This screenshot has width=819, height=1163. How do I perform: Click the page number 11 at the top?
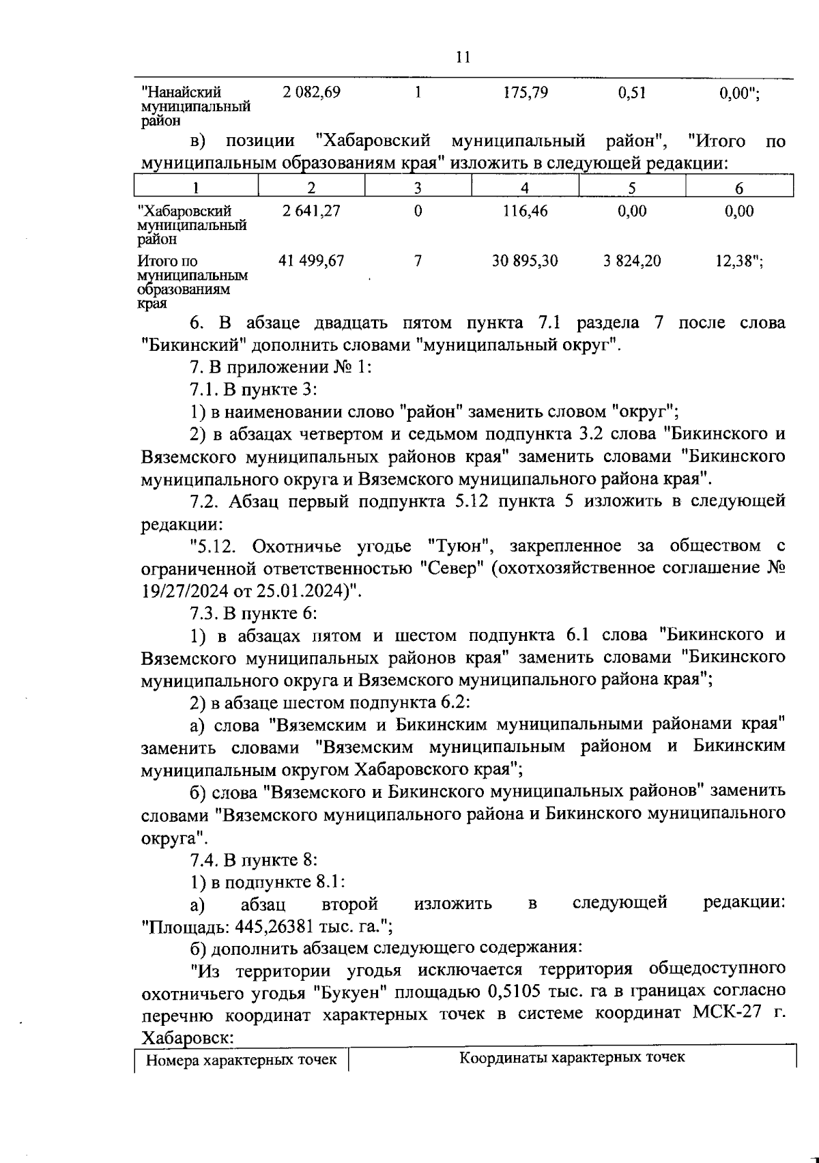462,57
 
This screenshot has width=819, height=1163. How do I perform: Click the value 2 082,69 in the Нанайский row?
311,93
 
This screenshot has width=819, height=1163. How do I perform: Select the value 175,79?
525,93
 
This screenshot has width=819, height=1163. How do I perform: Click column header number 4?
524,188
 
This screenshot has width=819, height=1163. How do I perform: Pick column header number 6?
739,188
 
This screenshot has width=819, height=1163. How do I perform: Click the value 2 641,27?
311,212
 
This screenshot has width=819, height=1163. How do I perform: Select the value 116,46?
525,212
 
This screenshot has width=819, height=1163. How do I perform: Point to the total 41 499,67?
311,261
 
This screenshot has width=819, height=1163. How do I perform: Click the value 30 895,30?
525,261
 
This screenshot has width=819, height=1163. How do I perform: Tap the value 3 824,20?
631,261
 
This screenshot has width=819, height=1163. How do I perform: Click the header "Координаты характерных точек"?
572,1058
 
